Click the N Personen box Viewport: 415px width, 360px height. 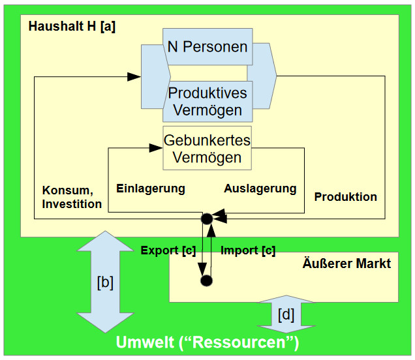tap(207, 47)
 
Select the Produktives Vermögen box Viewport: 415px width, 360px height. tap(207, 101)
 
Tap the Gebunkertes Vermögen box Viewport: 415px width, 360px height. tap(207, 149)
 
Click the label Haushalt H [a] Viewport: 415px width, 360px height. tap(72, 27)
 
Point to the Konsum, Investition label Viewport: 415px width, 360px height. tap(72, 197)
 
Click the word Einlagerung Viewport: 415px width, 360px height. tap(151, 188)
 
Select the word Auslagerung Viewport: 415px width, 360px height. tap(260, 188)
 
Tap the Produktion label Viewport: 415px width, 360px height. tap(346, 196)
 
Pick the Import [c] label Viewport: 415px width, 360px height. tap(248, 250)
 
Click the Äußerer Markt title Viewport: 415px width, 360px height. tap(346, 263)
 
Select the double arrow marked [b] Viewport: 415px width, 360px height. tap(104, 282)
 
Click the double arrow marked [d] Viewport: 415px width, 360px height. tap(286, 315)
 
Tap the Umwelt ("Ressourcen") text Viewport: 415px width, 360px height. tap(207, 342)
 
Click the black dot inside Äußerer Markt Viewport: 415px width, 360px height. tap(207, 281)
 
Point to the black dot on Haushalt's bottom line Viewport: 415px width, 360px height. tap(206, 218)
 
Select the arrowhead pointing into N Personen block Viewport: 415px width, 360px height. tap(134, 76)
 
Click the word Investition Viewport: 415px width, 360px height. tap(72, 203)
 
